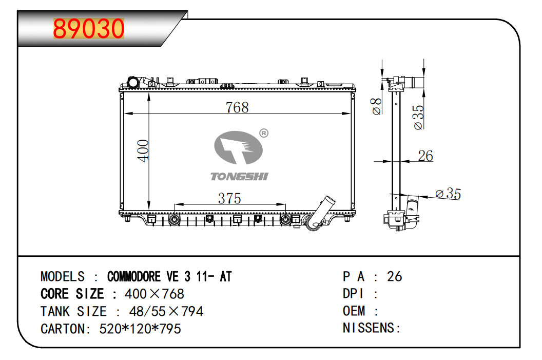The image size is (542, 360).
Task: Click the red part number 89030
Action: (x=88, y=28)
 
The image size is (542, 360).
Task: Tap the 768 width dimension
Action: (x=237, y=107)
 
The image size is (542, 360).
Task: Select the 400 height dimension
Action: (x=143, y=150)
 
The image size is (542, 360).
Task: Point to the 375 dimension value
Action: (x=229, y=198)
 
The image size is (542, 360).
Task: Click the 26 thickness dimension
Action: (x=425, y=156)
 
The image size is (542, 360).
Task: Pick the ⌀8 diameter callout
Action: (x=376, y=106)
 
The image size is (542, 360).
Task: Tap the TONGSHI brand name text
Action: (x=239, y=176)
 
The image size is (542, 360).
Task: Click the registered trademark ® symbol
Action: (x=264, y=133)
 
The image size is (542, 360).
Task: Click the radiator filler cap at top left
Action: (x=133, y=82)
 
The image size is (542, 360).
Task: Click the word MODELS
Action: (x=63, y=277)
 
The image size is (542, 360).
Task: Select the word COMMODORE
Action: (x=134, y=277)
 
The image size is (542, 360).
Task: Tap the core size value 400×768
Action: (x=154, y=294)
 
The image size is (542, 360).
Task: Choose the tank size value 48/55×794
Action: (x=166, y=311)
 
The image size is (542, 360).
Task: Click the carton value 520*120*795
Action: (x=140, y=329)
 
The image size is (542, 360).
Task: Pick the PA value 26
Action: (x=394, y=276)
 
